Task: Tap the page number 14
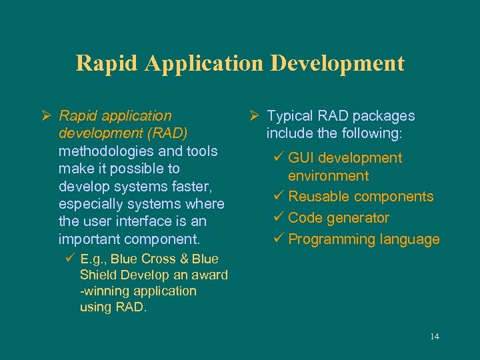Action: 434,337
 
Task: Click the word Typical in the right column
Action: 291,116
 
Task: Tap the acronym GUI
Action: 302,158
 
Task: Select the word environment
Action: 328,176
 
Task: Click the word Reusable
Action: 319,197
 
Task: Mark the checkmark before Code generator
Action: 279,218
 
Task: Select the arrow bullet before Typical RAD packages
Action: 254,116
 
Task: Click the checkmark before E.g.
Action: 70,259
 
